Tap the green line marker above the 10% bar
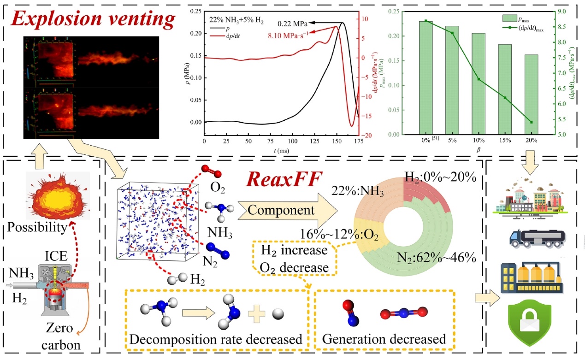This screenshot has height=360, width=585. point(478,79)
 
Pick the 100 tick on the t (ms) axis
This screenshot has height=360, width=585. point(292,141)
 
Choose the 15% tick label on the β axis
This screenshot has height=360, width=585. point(504,140)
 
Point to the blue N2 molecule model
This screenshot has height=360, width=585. point(214,251)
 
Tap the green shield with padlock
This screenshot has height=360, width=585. point(532,323)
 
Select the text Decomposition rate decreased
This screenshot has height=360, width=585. point(216,339)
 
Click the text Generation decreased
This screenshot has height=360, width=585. point(384,339)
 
